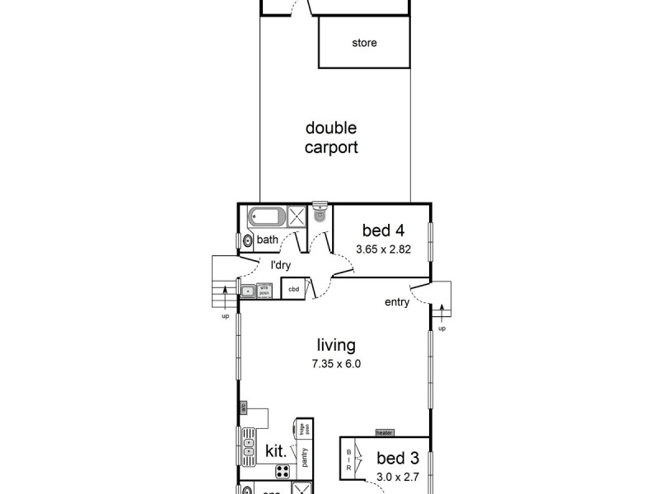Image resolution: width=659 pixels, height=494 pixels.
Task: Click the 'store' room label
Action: pyautogui.click(x=363, y=43)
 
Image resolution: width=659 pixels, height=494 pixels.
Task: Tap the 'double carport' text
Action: pyautogui.click(x=331, y=138)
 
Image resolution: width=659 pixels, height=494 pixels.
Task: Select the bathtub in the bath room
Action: pyautogui.click(x=266, y=219)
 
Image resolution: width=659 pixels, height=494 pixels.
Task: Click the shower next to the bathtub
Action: pyautogui.click(x=297, y=219)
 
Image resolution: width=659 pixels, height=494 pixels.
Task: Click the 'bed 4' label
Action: pyautogui.click(x=381, y=231)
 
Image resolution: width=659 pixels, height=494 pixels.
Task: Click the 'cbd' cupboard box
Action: pyautogui.click(x=293, y=289)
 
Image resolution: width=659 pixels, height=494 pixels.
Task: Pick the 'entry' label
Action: pyautogui.click(x=396, y=302)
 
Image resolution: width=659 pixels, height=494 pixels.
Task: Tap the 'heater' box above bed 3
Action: pyautogui.click(x=384, y=432)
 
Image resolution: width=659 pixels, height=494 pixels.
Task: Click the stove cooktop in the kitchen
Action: pyautogui.click(x=283, y=472)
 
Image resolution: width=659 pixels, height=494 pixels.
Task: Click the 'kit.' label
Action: pyautogui.click(x=275, y=450)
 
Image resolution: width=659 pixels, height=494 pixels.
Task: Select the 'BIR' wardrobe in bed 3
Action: pyautogui.click(x=349, y=459)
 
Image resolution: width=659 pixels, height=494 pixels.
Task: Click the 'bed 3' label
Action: pyautogui.click(x=397, y=458)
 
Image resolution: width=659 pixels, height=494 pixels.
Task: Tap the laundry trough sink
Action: pyautogui.click(x=248, y=290)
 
